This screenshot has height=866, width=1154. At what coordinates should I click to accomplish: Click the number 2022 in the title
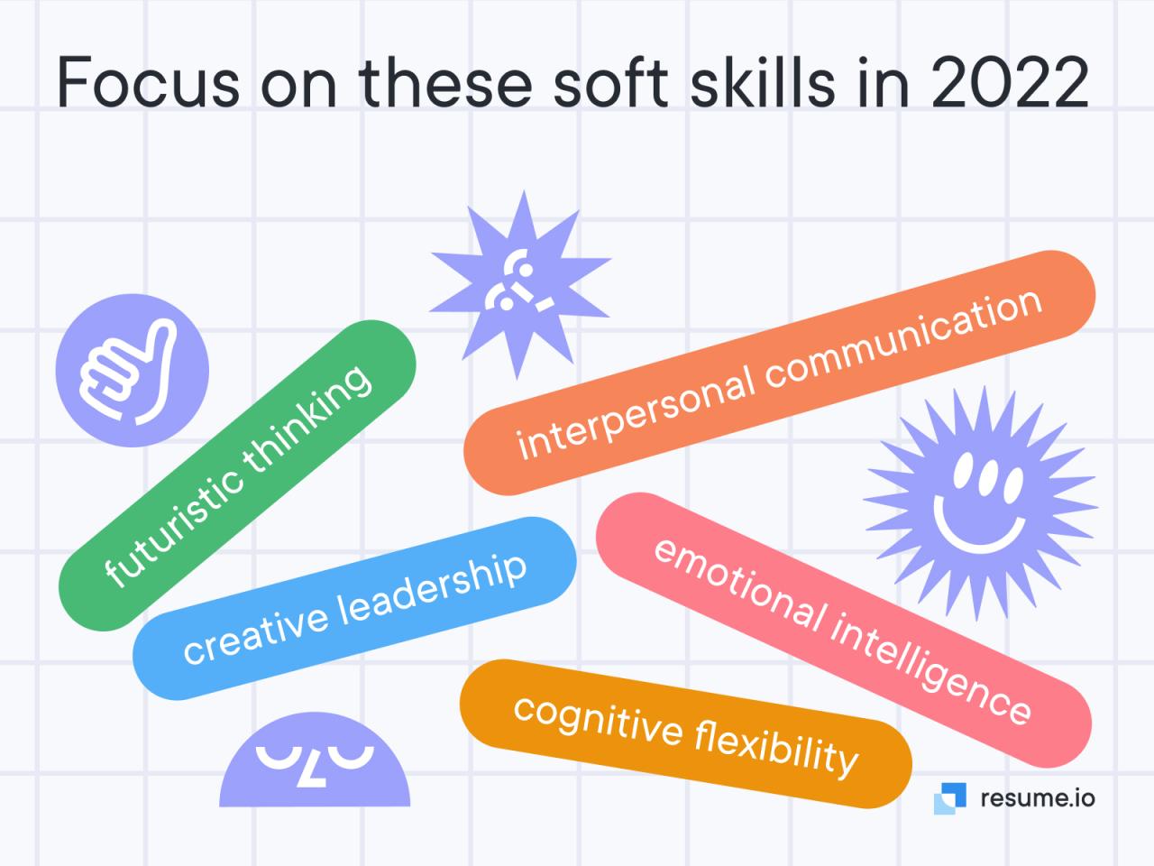(1010, 82)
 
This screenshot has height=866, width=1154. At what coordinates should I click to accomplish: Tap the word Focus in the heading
(148, 82)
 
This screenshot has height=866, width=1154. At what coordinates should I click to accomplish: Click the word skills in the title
(763, 80)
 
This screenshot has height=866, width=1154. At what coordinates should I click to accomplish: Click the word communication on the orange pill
(902, 339)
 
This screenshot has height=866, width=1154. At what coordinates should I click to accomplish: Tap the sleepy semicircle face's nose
(311, 775)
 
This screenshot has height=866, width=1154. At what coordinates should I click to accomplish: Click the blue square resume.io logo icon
(950, 798)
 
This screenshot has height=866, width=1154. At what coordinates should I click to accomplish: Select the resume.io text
(1038, 798)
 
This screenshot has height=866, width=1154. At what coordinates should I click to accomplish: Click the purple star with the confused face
(520, 285)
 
